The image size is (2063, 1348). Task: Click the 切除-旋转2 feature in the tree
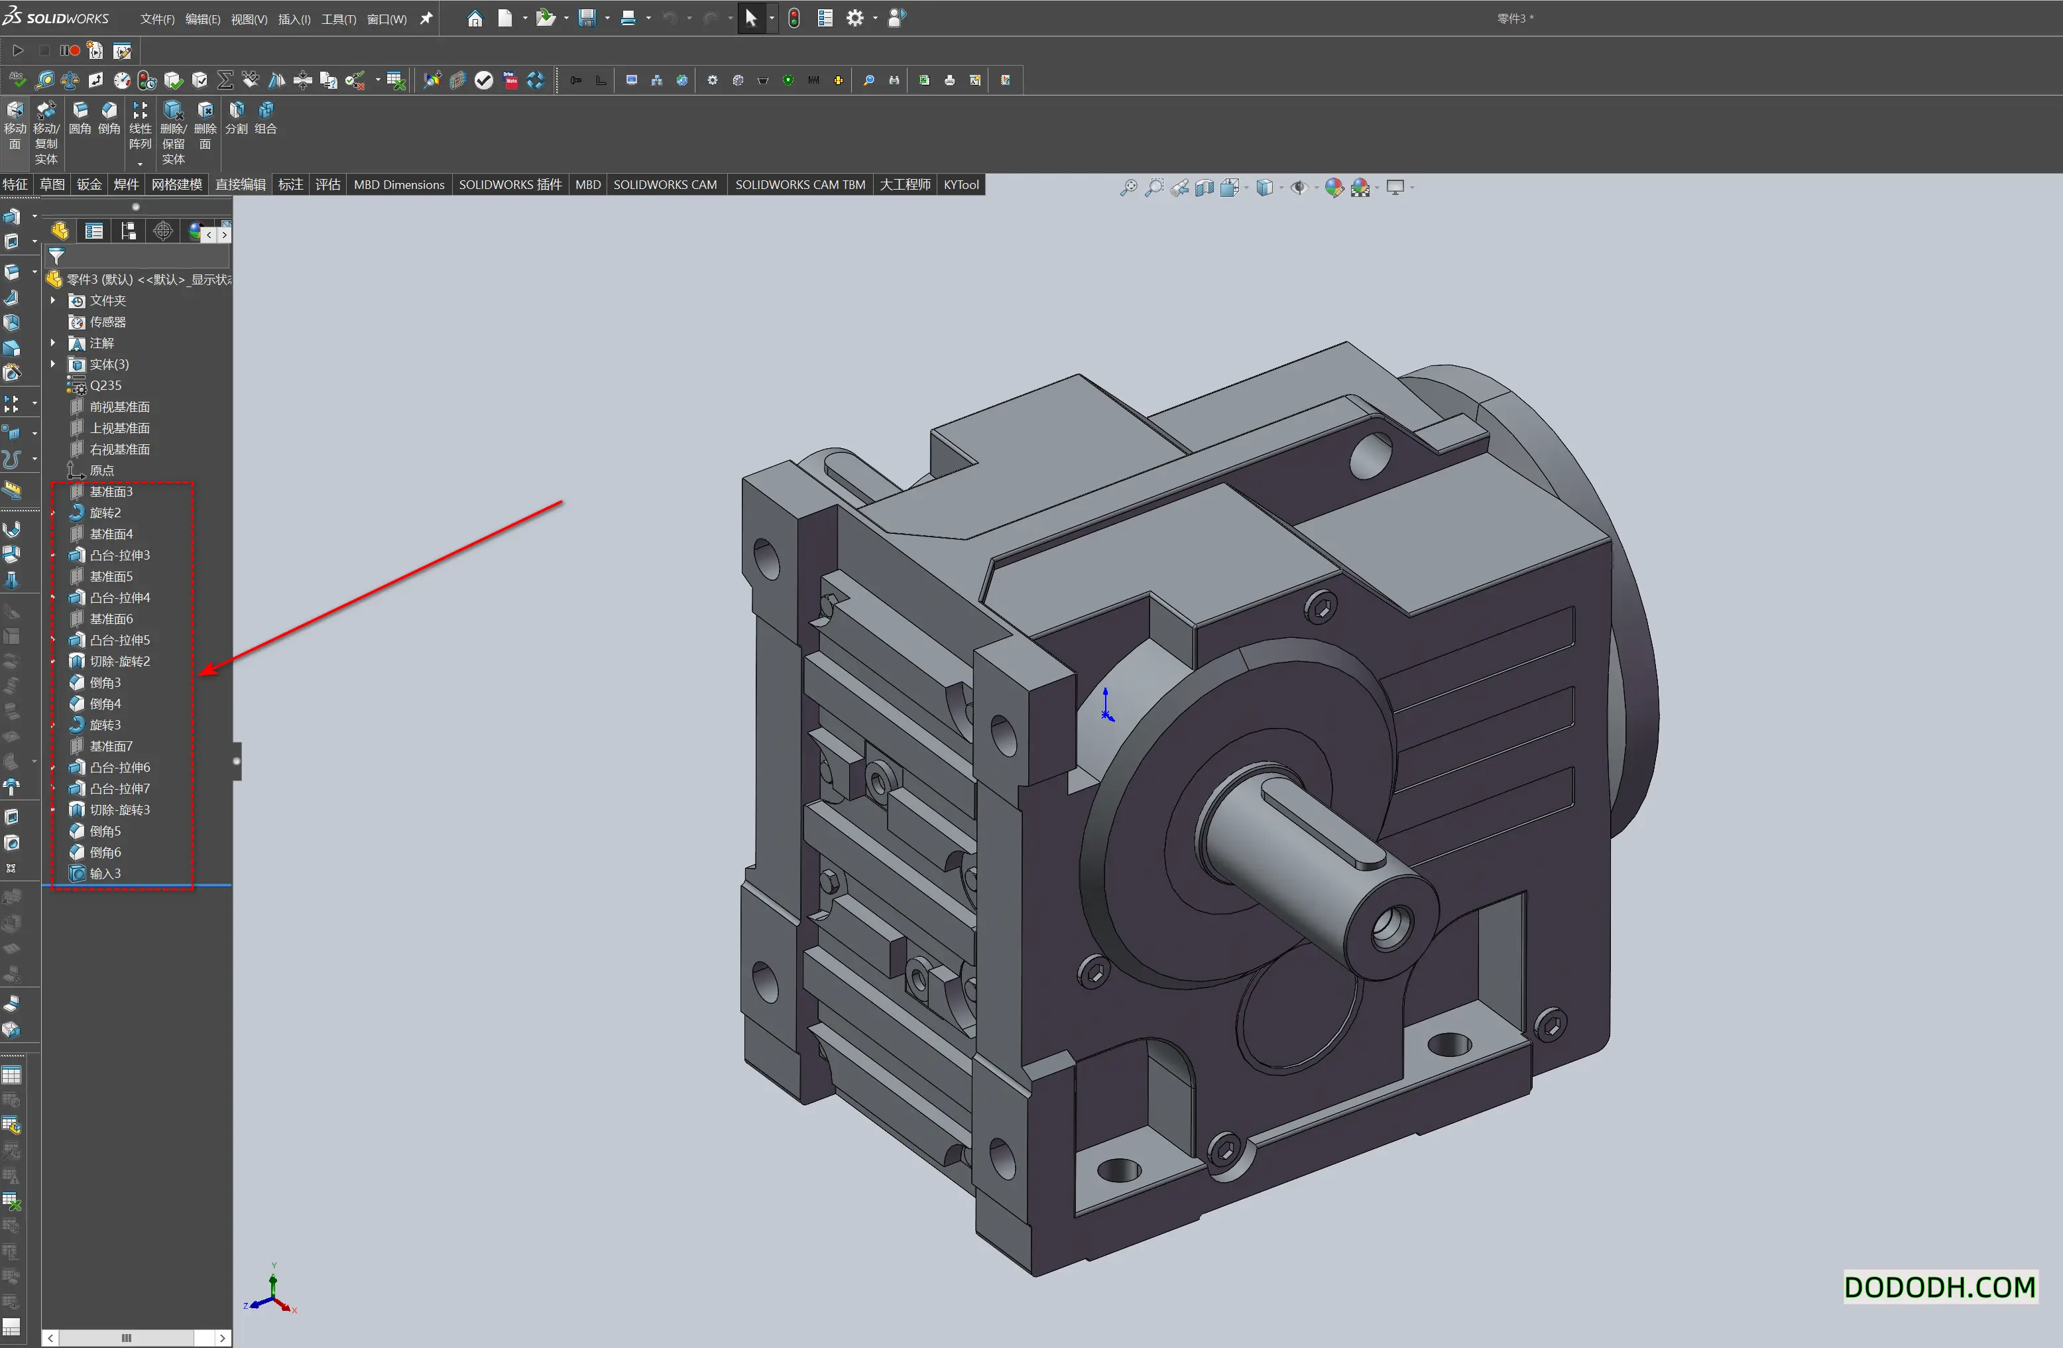tap(119, 662)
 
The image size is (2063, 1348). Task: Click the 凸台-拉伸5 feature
tap(119, 641)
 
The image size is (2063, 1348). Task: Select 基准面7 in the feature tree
tap(111, 747)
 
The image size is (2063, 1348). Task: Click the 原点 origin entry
tap(101, 471)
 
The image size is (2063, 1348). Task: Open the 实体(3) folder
tap(109, 365)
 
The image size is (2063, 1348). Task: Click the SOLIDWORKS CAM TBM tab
tap(799, 184)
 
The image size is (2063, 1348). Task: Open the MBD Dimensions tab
tap(398, 184)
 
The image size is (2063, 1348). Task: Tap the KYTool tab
tap(961, 184)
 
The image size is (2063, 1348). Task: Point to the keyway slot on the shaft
tap(1326, 824)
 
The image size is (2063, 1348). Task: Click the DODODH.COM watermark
tap(1939, 1287)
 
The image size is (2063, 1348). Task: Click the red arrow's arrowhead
tap(206, 671)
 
